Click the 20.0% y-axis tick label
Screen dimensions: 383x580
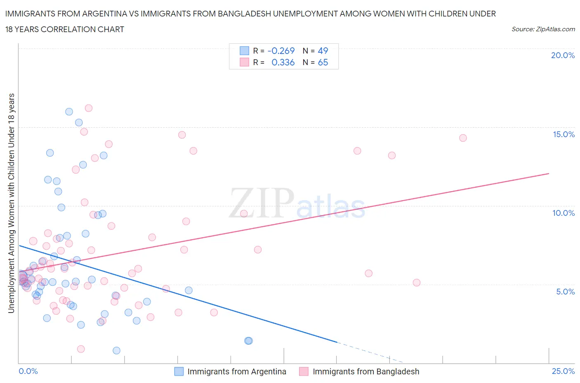562,55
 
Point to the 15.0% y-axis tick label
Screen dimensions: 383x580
563,134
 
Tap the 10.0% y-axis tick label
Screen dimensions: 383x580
563,213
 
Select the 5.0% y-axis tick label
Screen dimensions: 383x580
565,292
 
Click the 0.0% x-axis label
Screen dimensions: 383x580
28,371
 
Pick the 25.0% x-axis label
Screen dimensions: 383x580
563,371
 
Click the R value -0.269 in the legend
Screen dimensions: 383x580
281,51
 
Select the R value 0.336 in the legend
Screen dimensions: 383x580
283,62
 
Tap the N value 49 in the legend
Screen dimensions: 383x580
323,51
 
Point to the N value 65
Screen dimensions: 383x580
323,62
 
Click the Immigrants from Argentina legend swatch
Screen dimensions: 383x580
179,371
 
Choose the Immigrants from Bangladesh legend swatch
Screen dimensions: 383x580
304,371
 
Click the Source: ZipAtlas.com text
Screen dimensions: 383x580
543,29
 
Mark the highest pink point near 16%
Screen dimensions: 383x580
88,108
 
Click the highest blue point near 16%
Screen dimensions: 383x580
69,112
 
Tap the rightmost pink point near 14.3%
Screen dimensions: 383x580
463,138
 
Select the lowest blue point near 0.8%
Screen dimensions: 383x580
116,350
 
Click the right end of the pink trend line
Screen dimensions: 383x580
549,173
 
